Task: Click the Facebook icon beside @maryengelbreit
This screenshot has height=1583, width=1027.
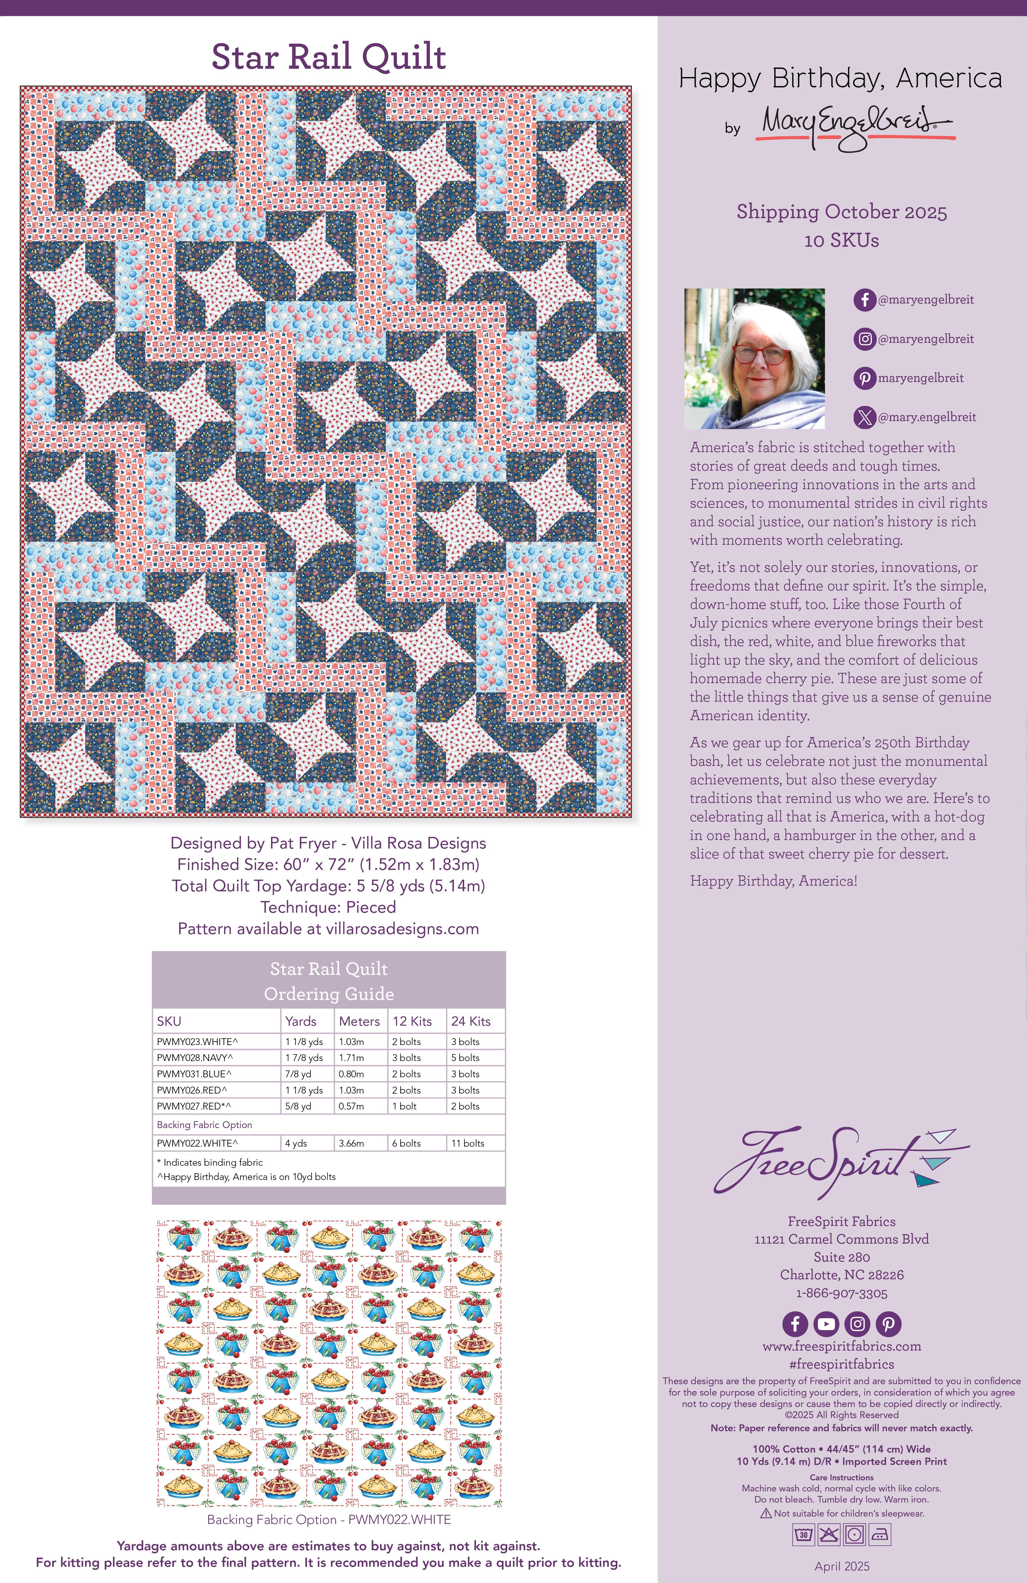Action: tap(864, 300)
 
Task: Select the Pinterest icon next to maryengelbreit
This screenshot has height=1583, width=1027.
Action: tap(864, 378)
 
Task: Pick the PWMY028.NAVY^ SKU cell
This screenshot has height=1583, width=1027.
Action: tap(195, 1058)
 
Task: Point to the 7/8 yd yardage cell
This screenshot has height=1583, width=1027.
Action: tap(298, 1074)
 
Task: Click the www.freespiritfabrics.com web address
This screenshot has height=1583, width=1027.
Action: tap(841, 1346)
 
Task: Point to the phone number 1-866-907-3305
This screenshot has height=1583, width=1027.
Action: tap(841, 1293)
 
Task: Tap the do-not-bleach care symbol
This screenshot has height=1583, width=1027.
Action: tap(828, 1535)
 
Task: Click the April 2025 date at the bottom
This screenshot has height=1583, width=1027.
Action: tap(841, 1566)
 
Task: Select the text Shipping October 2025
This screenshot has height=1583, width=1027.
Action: tap(841, 212)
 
